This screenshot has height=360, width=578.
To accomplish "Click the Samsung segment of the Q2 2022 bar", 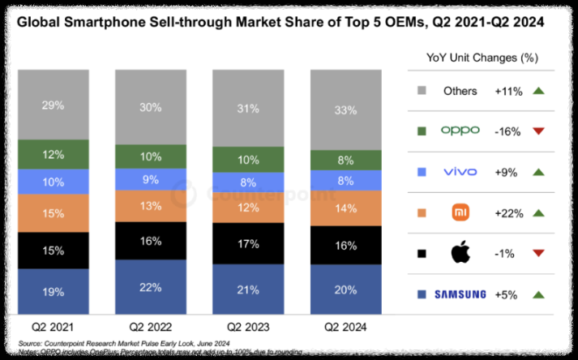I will tap(149, 287).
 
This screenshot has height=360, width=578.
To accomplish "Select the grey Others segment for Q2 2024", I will tap(345, 109).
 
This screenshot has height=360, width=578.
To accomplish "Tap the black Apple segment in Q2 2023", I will tap(248, 244).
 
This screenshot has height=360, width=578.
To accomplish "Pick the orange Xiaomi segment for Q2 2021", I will tap(54, 212).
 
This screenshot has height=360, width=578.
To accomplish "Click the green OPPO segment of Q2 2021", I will tap(54, 154).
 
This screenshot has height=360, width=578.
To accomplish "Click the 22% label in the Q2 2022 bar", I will tap(150, 288).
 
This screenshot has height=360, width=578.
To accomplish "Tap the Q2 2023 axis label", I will tap(248, 328).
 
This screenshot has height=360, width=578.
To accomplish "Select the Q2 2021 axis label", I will tap(54, 328).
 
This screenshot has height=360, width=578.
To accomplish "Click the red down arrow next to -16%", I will tap(537, 131).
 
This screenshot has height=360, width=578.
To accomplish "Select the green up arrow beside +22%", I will tap(537, 212).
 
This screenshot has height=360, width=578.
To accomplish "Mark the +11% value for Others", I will tap(508, 91).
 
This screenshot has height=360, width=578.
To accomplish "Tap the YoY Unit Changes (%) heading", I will tap(483, 58).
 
